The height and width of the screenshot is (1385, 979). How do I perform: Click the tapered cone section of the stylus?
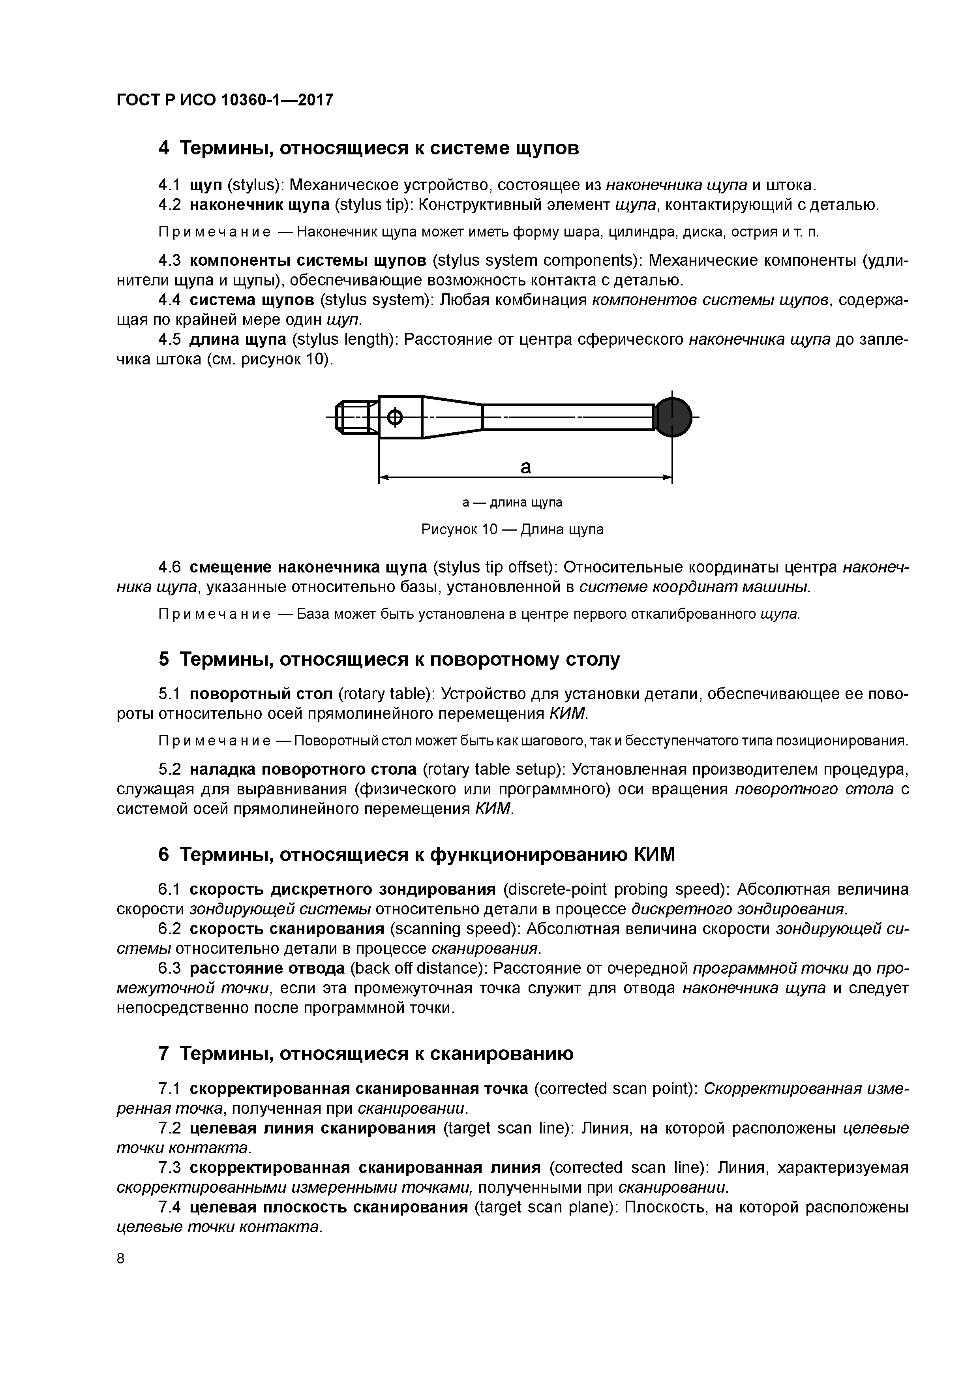pyautogui.click(x=452, y=417)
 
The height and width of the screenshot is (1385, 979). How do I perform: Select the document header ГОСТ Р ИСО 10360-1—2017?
pyautogui.click(x=224, y=100)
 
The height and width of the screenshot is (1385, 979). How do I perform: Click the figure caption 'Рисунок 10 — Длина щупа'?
pyautogui.click(x=512, y=529)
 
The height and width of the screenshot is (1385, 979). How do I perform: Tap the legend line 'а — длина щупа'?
pyautogui.click(x=512, y=503)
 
